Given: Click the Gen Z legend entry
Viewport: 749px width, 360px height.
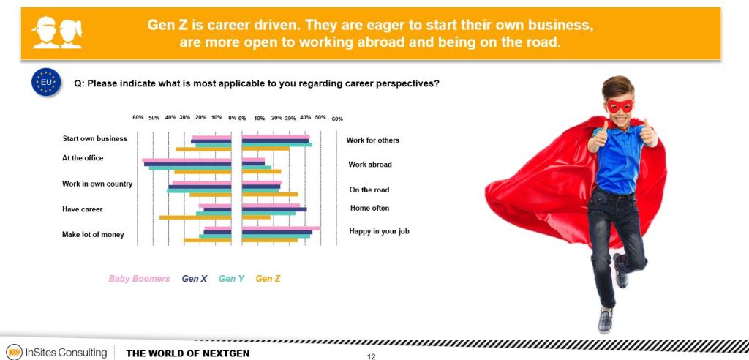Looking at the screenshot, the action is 268,278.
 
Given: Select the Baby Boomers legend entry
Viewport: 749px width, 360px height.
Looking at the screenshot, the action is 139,278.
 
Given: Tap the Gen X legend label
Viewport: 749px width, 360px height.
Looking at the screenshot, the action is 194,278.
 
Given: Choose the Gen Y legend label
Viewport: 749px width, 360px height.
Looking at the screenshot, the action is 231,278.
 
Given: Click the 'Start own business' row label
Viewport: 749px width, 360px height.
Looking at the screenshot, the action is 95,138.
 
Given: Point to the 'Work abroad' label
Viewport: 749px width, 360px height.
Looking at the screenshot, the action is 370,165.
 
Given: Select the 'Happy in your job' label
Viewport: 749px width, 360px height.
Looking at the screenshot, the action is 380,231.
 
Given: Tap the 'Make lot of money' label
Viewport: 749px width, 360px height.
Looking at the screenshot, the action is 93,235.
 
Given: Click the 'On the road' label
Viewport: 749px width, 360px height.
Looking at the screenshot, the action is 369,190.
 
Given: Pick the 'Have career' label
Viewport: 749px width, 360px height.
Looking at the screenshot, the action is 82,209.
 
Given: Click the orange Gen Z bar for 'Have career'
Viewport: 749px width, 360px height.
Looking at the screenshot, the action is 195,217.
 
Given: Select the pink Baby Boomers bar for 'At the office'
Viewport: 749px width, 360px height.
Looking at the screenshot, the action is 187,160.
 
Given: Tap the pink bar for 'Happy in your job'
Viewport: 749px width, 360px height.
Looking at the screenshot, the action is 281,228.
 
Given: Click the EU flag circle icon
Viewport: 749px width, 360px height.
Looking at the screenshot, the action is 46,82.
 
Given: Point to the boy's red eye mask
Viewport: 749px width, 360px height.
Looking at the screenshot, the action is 620,105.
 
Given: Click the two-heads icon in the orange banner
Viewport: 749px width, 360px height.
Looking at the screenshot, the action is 57,32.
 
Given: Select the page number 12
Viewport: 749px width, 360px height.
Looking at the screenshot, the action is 371,356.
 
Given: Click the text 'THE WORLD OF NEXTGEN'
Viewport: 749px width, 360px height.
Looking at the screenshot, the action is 188,354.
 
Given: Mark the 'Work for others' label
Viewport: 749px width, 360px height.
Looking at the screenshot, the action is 372,140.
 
